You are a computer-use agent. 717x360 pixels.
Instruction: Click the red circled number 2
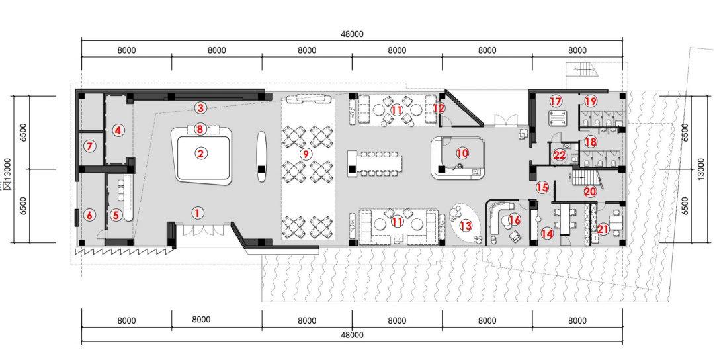coord(200,154)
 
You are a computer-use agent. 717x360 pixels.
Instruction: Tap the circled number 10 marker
coord(462,152)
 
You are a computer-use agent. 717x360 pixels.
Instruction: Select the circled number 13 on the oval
coord(466,225)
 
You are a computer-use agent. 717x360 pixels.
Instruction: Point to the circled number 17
coord(556,101)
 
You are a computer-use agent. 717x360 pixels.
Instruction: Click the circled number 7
coord(90,147)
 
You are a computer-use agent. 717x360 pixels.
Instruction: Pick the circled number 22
coord(559,156)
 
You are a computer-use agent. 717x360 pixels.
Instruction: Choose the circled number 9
coord(305,154)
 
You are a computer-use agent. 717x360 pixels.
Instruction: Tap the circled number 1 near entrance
coord(197,212)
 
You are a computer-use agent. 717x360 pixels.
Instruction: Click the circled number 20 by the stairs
coord(591,191)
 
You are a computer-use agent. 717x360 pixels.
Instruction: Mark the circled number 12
coord(439,109)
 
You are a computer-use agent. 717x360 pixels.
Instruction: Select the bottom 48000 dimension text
coord(352,335)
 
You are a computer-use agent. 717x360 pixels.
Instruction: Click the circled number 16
coord(515,220)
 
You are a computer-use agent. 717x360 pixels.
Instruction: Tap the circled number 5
coord(116,214)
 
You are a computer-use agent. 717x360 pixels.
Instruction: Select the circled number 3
coord(200,109)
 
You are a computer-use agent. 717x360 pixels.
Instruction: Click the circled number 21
coord(603,229)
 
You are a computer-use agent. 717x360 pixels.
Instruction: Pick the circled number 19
coord(591,101)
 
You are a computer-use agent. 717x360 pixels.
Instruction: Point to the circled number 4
coord(118,130)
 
